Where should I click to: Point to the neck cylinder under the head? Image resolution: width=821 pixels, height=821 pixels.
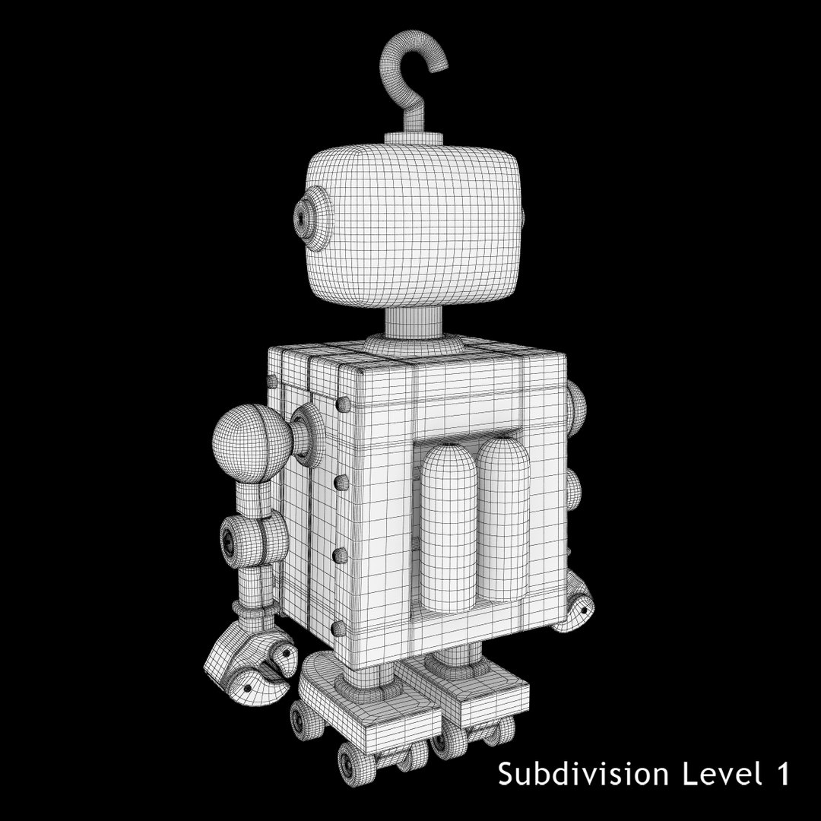(414, 322)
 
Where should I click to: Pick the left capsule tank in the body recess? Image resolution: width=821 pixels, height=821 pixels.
(449, 528)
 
